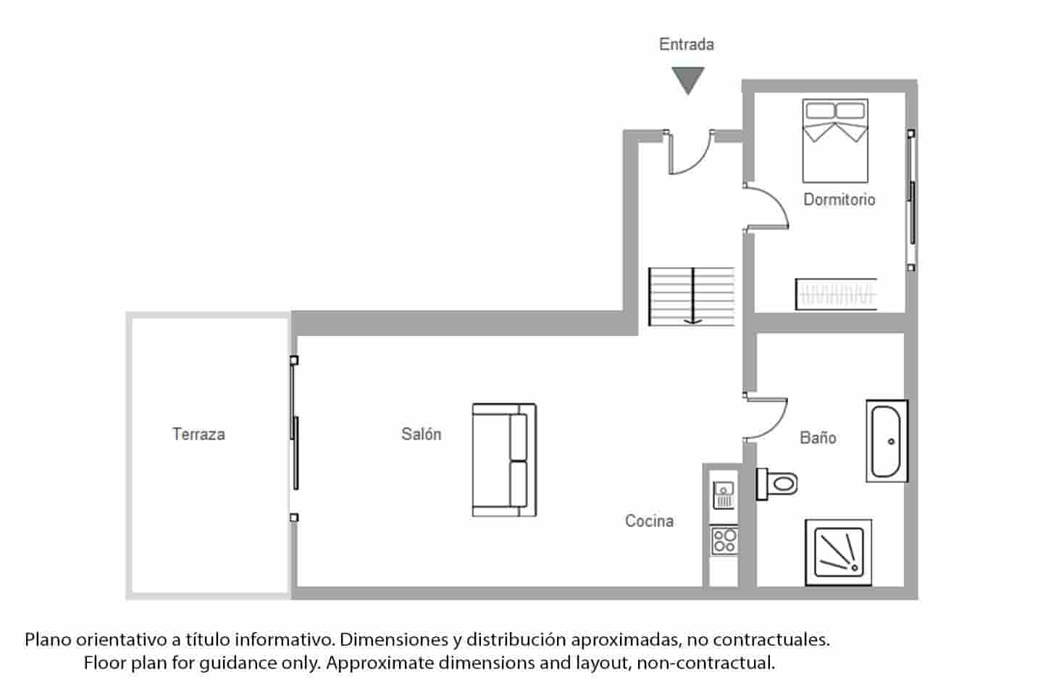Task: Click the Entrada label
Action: click(x=686, y=45)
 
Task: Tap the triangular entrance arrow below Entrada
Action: click(x=687, y=78)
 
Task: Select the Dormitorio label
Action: click(x=839, y=200)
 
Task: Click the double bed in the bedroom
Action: click(x=834, y=140)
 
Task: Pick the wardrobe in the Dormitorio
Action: click(x=836, y=294)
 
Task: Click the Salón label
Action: click(x=421, y=434)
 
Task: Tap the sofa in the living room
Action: click(x=504, y=460)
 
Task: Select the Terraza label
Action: click(x=198, y=434)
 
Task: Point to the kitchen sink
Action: click(x=724, y=495)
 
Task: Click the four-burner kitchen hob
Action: click(x=724, y=540)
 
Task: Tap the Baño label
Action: click(x=818, y=438)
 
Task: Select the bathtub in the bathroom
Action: click(x=887, y=441)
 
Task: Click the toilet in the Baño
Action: click(x=776, y=483)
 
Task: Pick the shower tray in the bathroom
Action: click(x=839, y=552)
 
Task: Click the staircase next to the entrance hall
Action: click(x=692, y=295)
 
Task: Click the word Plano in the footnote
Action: click(x=48, y=640)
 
